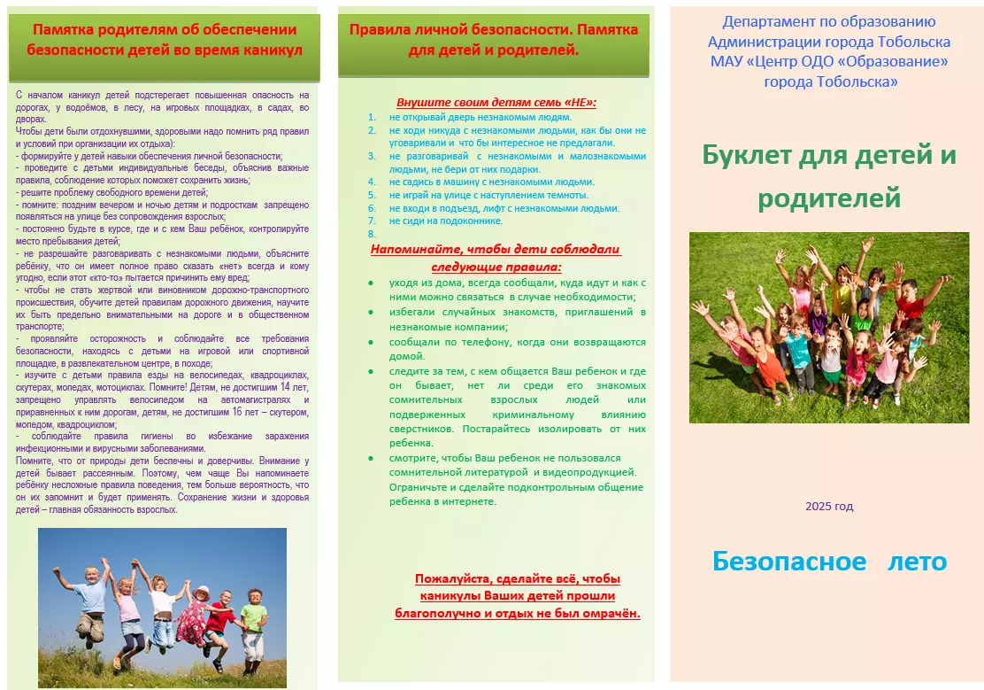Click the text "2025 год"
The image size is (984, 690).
(x=829, y=507)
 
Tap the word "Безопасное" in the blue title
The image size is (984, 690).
(x=789, y=562)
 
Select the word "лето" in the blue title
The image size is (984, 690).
(x=917, y=562)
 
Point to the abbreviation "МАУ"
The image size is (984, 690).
(x=726, y=62)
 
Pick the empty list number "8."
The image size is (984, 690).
(x=372, y=234)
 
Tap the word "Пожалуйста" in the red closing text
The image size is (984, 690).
(x=451, y=578)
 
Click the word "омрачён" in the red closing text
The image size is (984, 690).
(x=606, y=613)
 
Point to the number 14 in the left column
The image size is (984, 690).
(x=285, y=387)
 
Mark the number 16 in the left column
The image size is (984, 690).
(x=236, y=412)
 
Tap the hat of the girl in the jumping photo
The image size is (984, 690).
(x=202, y=592)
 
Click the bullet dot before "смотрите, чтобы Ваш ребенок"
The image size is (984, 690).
(x=371, y=458)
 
